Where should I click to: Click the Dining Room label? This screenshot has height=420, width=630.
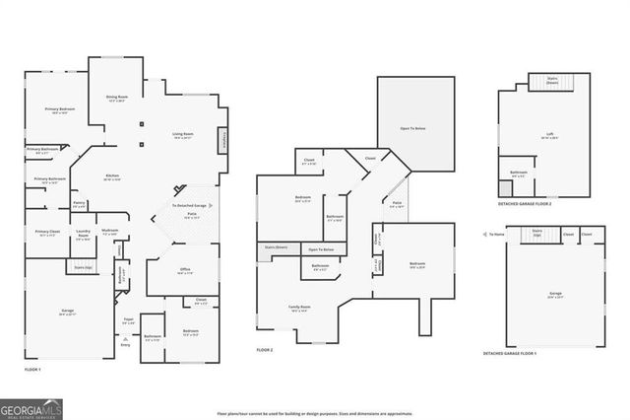[117, 97]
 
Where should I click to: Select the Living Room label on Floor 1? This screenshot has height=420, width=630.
[183, 134]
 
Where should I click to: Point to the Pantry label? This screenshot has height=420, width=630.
[79, 203]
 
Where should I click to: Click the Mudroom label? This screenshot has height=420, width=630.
[109, 232]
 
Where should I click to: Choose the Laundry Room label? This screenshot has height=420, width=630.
[83, 237]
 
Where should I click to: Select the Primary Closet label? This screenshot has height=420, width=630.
[47, 234]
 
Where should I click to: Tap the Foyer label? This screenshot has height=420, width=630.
[128, 319]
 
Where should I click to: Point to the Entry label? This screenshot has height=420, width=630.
[125, 344]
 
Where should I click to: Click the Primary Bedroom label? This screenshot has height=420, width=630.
[59, 109]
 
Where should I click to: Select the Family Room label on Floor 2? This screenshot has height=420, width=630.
[299, 308]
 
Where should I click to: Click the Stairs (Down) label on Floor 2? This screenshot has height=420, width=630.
[276, 247]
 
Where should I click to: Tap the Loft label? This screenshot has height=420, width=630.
[550, 135]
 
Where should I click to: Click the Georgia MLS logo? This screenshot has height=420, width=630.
[31, 407]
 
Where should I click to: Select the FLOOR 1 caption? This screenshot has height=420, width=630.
[32, 369]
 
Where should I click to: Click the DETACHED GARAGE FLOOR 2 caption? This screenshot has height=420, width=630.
[525, 204]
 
